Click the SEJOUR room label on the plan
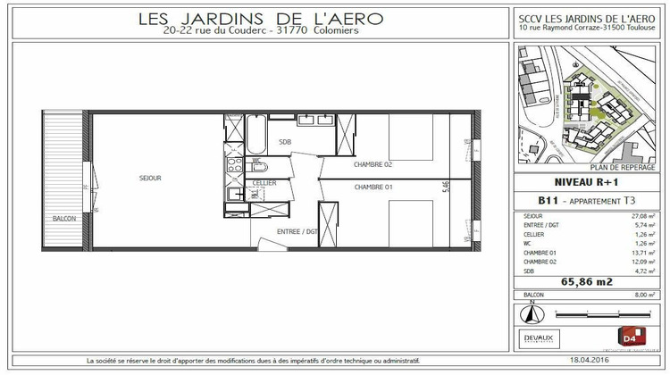[150, 179]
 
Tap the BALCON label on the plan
[63, 219]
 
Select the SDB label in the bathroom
[285, 142]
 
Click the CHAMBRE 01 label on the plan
[373, 187]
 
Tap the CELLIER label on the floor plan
[264, 183]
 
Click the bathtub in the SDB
[255, 138]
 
